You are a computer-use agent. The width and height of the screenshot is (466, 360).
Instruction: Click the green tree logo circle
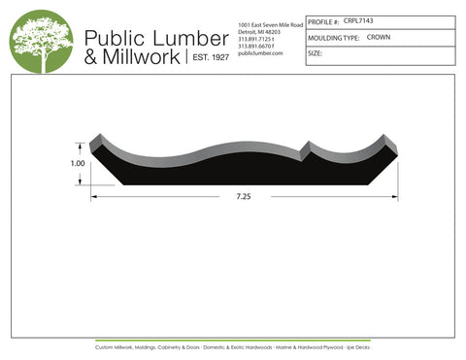click(42, 41)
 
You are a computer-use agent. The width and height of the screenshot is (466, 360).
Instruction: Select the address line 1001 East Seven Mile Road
click(270, 22)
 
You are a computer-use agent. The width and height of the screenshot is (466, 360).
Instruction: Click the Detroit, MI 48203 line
click(259, 30)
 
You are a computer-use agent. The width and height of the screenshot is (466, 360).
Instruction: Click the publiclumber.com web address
click(259, 53)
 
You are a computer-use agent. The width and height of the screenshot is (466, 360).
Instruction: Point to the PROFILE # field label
click(323, 19)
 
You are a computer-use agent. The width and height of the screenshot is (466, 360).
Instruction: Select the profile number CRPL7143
click(359, 19)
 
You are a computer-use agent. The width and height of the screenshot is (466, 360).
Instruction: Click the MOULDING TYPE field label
click(333, 37)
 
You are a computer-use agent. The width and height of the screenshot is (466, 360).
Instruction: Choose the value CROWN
click(379, 37)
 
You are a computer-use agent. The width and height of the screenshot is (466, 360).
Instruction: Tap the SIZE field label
click(315, 54)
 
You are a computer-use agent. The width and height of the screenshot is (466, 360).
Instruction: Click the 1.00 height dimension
click(78, 164)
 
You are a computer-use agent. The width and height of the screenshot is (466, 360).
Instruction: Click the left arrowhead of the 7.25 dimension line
click(93, 196)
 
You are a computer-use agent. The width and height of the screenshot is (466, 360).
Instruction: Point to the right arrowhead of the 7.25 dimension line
click(394, 196)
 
